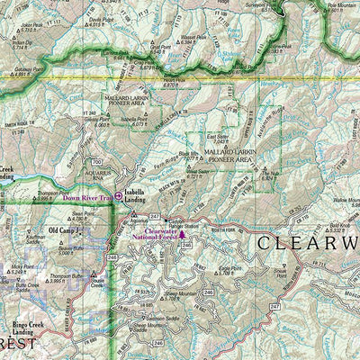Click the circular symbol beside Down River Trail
118,195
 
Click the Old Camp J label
65,230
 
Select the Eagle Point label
230,267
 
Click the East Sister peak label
218,136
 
